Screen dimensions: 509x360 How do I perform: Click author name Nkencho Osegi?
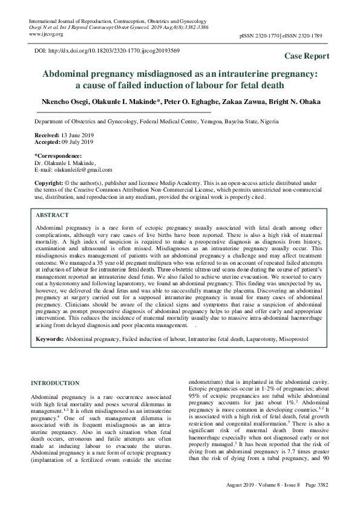click(59, 101)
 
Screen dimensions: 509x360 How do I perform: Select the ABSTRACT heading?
click(52, 215)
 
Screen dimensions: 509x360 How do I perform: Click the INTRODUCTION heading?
click(55, 383)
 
